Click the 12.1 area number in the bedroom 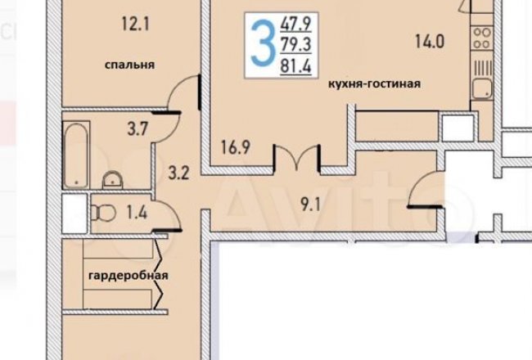point(135,25)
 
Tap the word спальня point(129,65)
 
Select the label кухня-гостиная point(375,83)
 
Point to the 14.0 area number point(430,42)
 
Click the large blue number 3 point(262,43)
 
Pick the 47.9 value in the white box point(295,24)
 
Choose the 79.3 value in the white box point(295,45)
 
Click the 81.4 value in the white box point(295,65)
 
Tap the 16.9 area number point(236,147)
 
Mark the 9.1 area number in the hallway point(310,205)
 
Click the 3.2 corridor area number point(178,173)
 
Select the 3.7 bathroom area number point(138,129)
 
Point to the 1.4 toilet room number point(137,213)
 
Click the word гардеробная point(128,275)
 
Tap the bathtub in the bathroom point(76,155)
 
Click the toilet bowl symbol point(103,213)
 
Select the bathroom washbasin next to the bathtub point(112,180)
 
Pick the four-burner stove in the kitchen point(482,38)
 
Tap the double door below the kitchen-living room point(297,158)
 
